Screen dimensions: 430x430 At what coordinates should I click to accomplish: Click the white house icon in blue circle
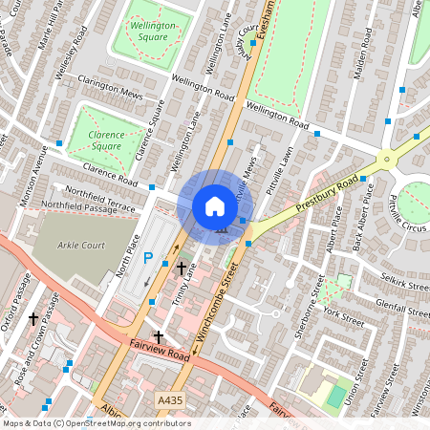pyautogui.click(x=215, y=206)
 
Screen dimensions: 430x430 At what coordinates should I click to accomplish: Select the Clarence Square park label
pyautogui.click(x=106, y=141)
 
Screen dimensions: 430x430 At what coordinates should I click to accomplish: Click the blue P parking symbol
pyautogui.click(x=148, y=257)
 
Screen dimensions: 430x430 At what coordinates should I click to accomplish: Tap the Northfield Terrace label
pyautogui.click(x=95, y=192)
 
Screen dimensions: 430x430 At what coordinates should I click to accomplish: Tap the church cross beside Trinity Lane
pyautogui.click(x=181, y=269)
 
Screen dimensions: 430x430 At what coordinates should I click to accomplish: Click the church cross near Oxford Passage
pyautogui.click(x=33, y=317)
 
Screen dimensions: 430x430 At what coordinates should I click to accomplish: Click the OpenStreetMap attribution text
pyautogui.click(x=96, y=423)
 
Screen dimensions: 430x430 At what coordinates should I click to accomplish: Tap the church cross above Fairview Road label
pyautogui.click(x=160, y=336)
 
